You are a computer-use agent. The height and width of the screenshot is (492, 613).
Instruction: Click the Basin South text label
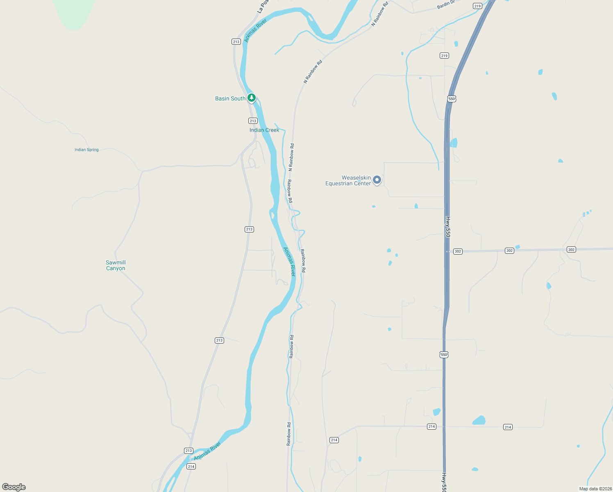(x=230, y=99)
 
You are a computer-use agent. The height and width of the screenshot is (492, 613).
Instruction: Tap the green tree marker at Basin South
(x=252, y=98)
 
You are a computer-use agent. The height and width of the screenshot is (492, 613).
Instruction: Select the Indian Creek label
(x=264, y=130)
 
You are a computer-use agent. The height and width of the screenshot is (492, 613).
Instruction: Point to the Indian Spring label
(x=86, y=150)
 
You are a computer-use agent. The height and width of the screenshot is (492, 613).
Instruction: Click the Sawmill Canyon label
(x=116, y=266)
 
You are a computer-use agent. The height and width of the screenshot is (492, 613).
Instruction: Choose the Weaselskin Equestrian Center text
(x=348, y=181)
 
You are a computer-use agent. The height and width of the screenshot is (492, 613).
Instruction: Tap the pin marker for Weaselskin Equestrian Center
(x=377, y=180)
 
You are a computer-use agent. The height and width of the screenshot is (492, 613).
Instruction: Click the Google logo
(x=14, y=487)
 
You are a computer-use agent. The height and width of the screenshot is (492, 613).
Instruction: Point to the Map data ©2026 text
(x=595, y=489)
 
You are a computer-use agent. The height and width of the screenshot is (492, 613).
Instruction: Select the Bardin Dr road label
(x=446, y=5)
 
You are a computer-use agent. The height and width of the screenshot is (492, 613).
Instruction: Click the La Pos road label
(x=263, y=7)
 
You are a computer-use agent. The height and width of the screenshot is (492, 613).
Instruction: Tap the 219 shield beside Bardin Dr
(x=477, y=6)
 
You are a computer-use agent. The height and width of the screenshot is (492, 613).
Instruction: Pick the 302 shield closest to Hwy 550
(x=458, y=251)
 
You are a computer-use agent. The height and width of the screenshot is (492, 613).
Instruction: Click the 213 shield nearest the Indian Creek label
(x=253, y=121)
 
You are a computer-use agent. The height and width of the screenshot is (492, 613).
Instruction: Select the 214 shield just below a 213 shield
(x=191, y=467)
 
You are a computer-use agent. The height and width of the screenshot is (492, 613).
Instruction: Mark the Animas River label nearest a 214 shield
(x=207, y=451)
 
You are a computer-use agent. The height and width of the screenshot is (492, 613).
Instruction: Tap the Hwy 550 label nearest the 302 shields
(x=448, y=227)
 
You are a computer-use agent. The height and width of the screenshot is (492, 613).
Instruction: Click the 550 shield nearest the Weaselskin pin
(x=452, y=99)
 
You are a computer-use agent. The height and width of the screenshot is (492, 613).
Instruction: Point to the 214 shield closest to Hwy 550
(x=431, y=427)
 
